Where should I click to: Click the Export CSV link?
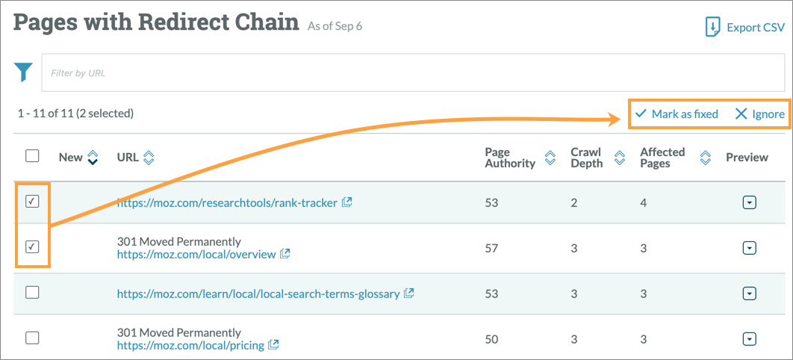pyautogui.click(x=744, y=28)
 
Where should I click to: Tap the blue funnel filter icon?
pyautogui.click(x=24, y=72)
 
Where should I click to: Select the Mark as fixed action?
pyautogui.click(x=677, y=114)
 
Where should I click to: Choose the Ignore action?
pyautogui.click(x=759, y=114)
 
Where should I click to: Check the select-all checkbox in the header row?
pyautogui.click(x=32, y=156)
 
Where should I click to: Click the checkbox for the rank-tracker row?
pyautogui.click(x=32, y=202)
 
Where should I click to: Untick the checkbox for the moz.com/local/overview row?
pyautogui.click(x=32, y=247)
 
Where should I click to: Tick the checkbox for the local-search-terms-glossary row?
pyautogui.click(x=32, y=293)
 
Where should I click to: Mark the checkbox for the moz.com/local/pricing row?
pyautogui.click(x=32, y=338)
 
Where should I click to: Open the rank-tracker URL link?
pyautogui.click(x=228, y=202)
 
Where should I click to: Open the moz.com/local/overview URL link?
pyautogui.click(x=196, y=254)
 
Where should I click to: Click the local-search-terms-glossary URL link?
pyautogui.click(x=258, y=294)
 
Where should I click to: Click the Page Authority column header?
pyautogui.click(x=511, y=157)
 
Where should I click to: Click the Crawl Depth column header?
pyautogui.click(x=587, y=157)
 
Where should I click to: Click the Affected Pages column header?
pyautogui.click(x=662, y=157)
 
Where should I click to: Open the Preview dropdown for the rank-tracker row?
pyautogui.click(x=750, y=202)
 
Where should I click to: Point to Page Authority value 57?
pyautogui.click(x=491, y=248)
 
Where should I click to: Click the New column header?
pyautogui.click(x=71, y=157)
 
